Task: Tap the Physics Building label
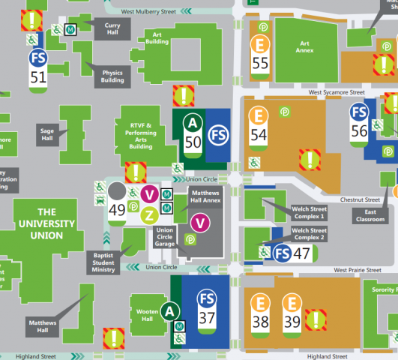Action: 112,76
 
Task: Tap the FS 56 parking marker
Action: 360,121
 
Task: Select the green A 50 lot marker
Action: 193,132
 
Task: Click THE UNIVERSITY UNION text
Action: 46,223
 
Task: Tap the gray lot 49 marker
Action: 117,200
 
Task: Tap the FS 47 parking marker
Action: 292,253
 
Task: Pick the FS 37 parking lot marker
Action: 208,308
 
